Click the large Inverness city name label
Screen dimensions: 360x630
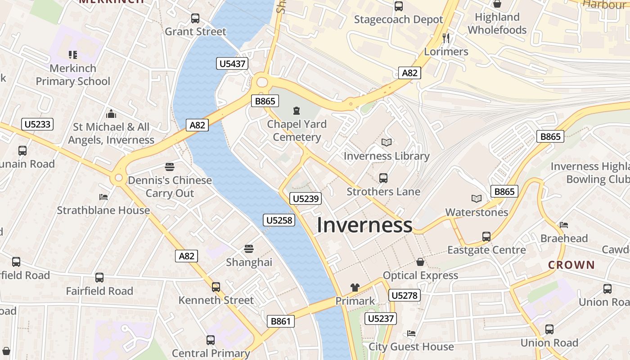[364, 225]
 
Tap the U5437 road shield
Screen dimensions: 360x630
[232, 63]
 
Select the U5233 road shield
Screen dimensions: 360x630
[37, 124]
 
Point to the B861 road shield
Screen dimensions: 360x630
[281, 321]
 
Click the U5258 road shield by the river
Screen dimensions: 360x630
[279, 220]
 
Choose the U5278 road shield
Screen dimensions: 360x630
[404, 295]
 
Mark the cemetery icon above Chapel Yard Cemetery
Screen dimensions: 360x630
[297, 110]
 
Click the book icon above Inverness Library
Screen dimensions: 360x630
[386, 143]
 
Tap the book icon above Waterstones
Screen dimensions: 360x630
[476, 198]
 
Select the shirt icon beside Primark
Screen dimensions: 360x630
[355, 287]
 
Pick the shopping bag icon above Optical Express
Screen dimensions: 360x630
[420, 261]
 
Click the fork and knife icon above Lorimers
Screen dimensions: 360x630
[446, 38]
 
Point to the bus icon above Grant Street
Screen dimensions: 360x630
[195, 18]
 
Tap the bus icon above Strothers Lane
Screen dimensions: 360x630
[383, 178]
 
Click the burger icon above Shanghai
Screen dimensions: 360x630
[249, 249]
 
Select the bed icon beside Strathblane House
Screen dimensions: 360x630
[103, 197]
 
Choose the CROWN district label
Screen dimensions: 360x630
[571, 265]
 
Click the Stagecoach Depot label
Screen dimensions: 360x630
[398, 20]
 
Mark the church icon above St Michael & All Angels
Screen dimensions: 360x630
[111, 114]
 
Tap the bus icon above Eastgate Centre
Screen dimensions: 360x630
[486, 237]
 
